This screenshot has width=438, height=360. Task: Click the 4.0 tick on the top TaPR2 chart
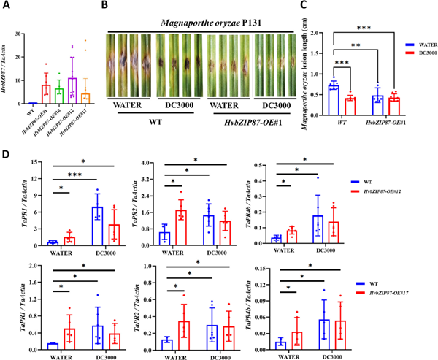tap(164, 162)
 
